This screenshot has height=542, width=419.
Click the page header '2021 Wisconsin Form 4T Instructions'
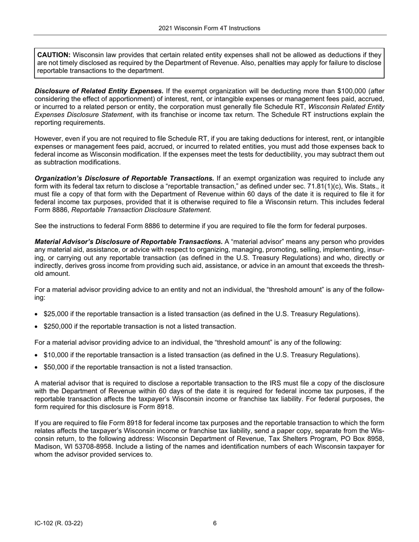coord(209,28)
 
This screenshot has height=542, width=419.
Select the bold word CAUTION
coord(53,55)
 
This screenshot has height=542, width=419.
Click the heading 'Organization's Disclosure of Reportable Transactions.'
coord(124,178)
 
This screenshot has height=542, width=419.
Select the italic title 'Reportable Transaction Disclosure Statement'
coord(141,210)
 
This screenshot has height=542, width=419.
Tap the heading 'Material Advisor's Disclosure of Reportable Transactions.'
coord(128,242)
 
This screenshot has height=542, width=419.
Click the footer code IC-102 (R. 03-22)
coord(59,523)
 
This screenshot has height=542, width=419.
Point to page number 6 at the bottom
coord(215,523)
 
